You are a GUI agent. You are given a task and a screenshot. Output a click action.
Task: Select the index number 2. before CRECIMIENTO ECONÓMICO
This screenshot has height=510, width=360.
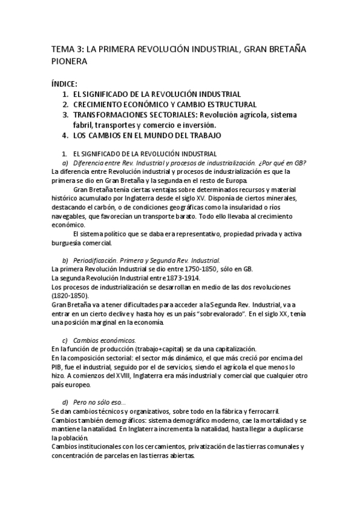(66, 104)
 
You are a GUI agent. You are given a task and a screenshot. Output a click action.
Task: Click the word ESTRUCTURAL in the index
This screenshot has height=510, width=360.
(224, 104)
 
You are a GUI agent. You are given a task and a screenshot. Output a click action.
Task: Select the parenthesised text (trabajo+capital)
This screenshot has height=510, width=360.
(162, 349)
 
